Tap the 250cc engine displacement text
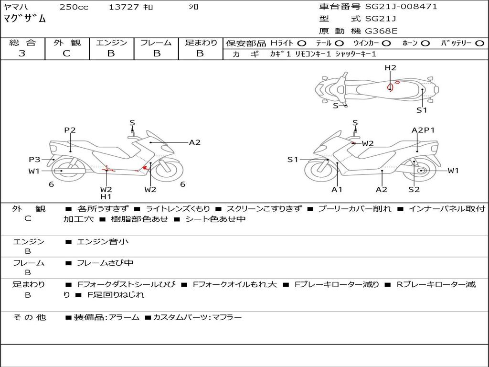(74, 7)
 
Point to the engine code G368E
(381, 32)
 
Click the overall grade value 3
(22, 54)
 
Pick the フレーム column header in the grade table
(156, 43)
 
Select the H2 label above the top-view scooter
(391, 68)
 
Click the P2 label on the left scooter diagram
(70, 130)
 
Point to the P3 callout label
(34, 160)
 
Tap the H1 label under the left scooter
(106, 196)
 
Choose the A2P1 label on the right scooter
(423, 130)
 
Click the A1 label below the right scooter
(337, 190)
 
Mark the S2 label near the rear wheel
(414, 190)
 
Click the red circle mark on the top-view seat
(391, 87)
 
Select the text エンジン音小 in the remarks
(103, 242)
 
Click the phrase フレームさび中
(105, 263)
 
